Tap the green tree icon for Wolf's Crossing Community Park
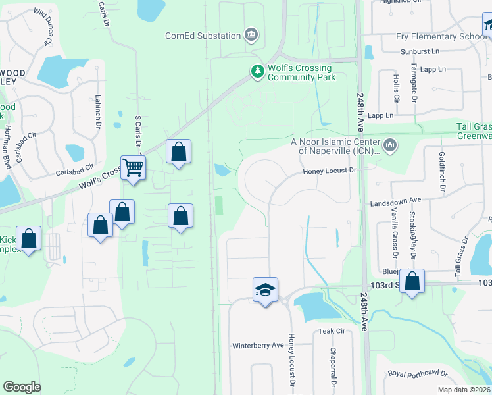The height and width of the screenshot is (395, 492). [x=257, y=70]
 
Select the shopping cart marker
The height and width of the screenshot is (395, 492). [x=133, y=167]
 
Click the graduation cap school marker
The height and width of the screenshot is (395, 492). [x=265, y=290]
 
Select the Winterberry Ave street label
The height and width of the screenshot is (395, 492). [x=258, y=345]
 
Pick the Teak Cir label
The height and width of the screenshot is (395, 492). [x=332, y=331]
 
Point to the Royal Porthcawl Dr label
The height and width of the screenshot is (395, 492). [x=417, y=374]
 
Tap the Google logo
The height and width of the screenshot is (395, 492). [x=22, y=387]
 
